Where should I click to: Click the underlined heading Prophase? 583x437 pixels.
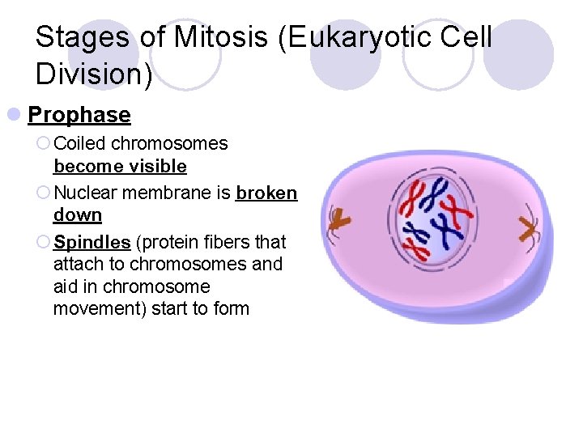[79, 115]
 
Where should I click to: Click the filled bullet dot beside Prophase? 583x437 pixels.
[15, 115]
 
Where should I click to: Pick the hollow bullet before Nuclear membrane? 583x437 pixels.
[44, 193]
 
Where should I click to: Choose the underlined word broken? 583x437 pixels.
[266, 193]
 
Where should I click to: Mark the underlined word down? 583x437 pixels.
[78, 215]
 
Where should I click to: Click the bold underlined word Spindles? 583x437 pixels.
[92, 242]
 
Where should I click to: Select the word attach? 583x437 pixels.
[77, 264]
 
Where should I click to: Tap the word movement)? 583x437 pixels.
[96, 308]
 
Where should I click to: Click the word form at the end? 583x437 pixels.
[232, 308]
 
